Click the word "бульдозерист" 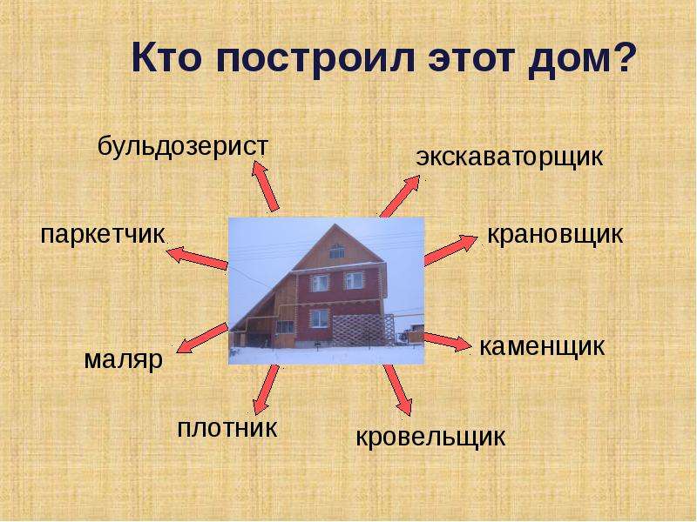[x=183, y=147]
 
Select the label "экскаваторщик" [x=510, y=157]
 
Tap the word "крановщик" [x=555, y=234]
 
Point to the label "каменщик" [x=542, y=346]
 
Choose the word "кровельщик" [x=430, y=437]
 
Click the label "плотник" [x=227, y=428]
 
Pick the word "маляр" [x=124, y=360]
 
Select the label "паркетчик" [x=103, y=235]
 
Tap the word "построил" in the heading [x=315, y=58]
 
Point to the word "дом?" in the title [x=579, y=57]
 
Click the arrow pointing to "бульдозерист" [x=266, y=186]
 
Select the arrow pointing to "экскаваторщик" [x=400, y=197]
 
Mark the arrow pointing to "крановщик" [x=450, y=251]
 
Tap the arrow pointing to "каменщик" [x=447, y=342]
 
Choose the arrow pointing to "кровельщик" [x=398, y=390]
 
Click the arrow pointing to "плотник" [x=266, y=390]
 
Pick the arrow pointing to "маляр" [x=202, y=338]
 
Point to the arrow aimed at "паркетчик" [x=197, y=258]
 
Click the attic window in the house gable [x=336, y=252]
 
